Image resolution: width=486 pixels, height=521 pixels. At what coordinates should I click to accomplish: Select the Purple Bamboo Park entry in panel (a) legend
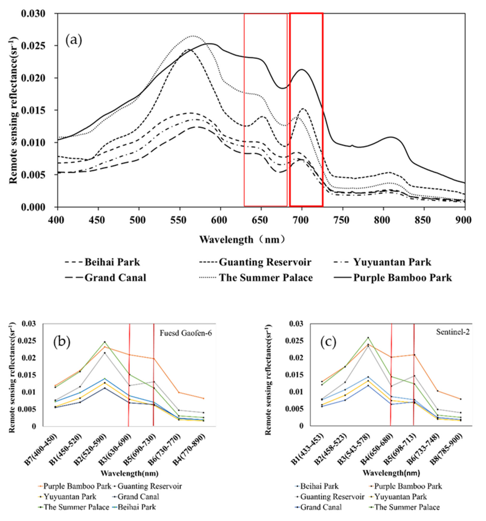tap(402, 278)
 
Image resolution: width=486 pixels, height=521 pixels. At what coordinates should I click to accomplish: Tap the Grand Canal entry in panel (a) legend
tap(115, 278)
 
